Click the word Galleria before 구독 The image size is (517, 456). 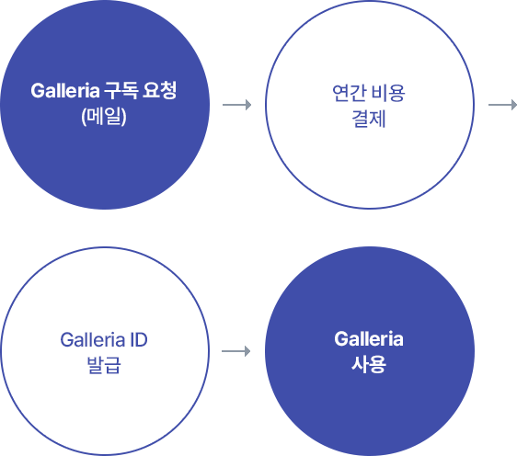pos(65,91)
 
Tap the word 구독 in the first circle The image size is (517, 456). pos(121,91)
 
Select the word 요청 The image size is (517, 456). pos(159,90)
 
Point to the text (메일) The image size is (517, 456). pos(104,117)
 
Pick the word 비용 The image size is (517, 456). pos(388,93)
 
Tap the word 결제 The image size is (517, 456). pos(369,119)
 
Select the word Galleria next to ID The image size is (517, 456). pos(92,339)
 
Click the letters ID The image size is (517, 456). pos(139,339)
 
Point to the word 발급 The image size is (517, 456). pos(104,365)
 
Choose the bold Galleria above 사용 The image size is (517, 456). pos(369,339)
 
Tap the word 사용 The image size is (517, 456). pos(369,364)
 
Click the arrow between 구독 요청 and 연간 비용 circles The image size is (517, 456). pos(236,105)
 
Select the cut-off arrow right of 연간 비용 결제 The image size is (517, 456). pos(503,105)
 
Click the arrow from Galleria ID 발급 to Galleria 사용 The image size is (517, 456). pos(236,351)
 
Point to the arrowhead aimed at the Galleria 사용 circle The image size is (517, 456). pos(247,351)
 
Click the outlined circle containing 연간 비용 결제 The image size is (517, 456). pos(266,105)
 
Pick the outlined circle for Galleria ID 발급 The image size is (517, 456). pos(1,351)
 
